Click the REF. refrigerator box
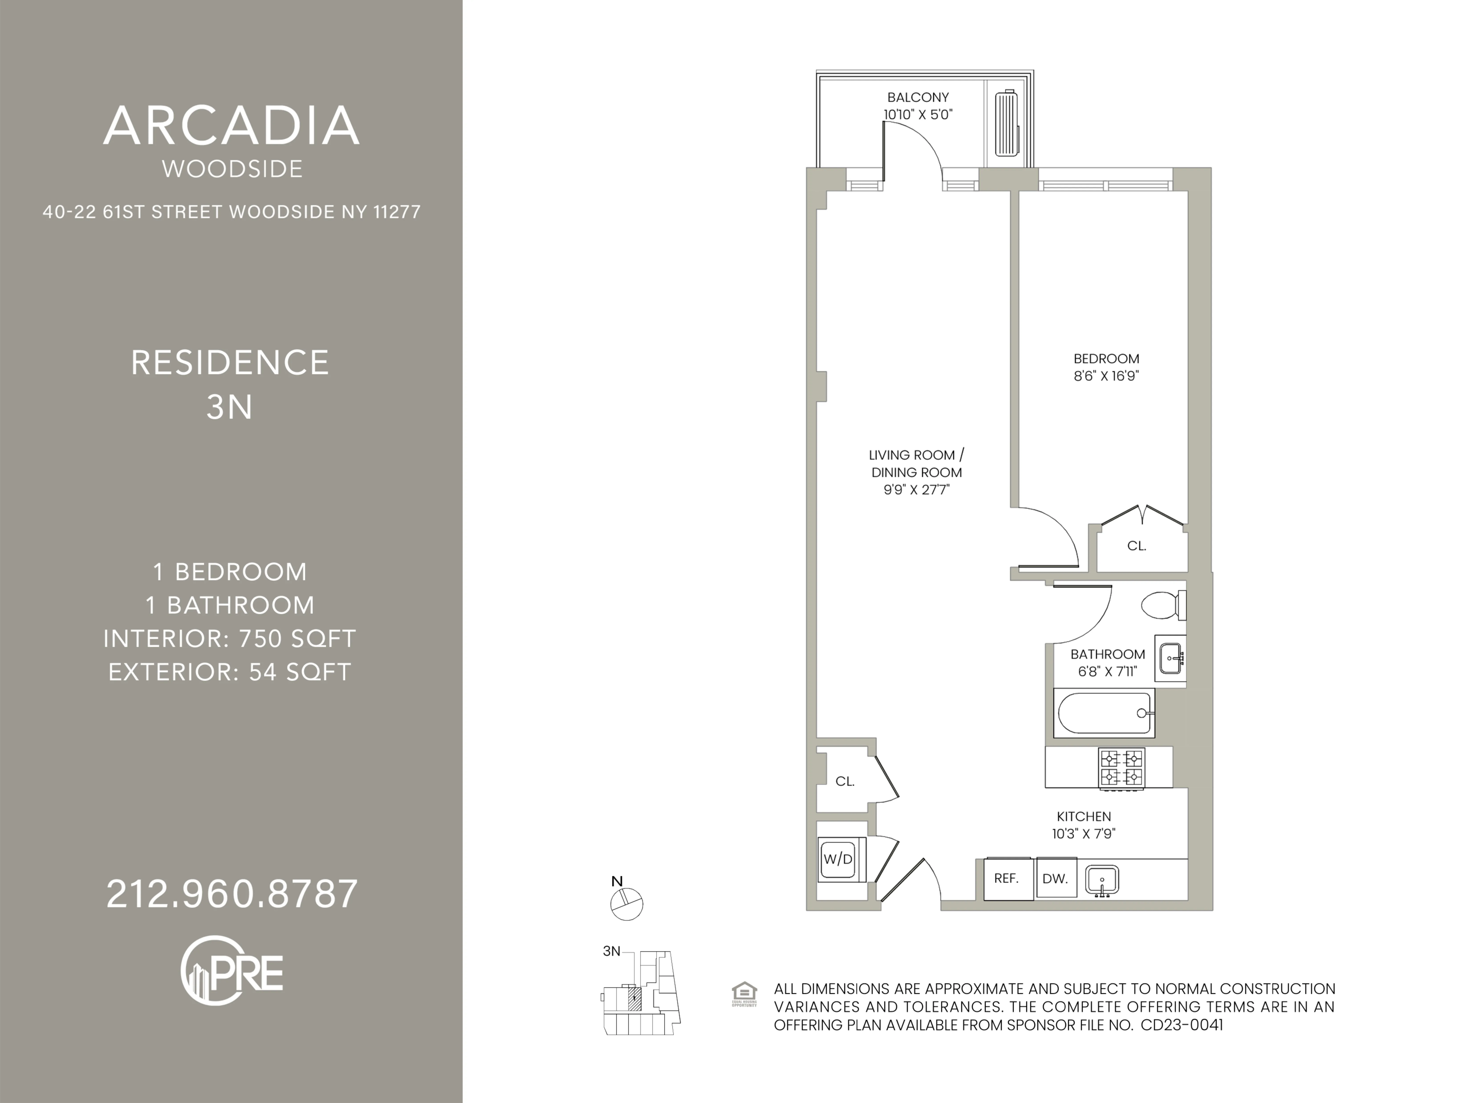click(1007, 879)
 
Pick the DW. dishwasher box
click(1056, 879)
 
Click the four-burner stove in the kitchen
click(1122, 767)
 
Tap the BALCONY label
click(918, 97)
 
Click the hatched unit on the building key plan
click(635, 999)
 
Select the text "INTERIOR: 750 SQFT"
click(230, 638)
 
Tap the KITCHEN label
click(1084, 816)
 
